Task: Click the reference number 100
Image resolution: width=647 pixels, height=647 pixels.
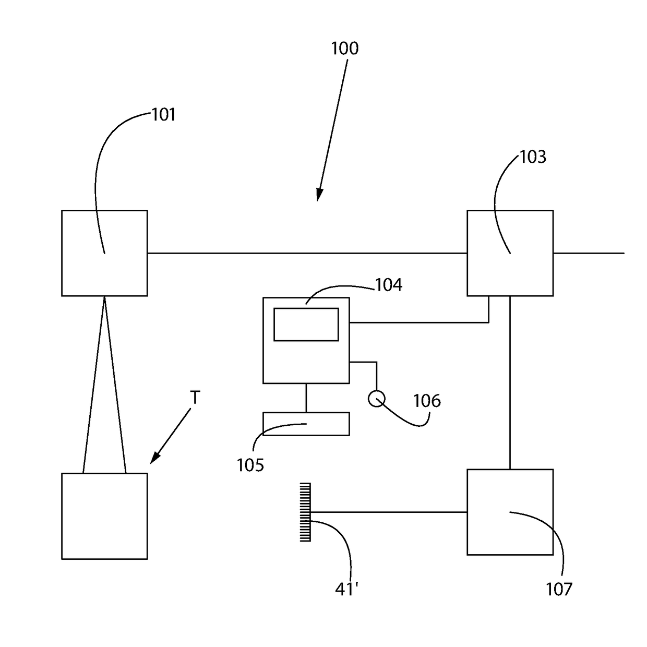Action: click(345, 49)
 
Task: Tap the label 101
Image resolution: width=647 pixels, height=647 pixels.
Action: click(163, 115)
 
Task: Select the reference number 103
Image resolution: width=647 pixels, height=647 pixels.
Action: click(533, 157)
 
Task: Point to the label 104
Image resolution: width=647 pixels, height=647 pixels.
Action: click(389, 285)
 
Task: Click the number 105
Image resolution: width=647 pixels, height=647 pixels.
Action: click(250, 465)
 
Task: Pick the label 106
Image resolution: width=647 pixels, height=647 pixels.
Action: click(427, 401)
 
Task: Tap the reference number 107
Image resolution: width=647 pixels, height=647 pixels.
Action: click(559, 589)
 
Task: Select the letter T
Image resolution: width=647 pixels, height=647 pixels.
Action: click(195, 398)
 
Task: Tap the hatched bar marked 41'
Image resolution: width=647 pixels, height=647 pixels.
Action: click(305, 512)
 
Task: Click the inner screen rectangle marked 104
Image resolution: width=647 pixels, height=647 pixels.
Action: click(306, 324)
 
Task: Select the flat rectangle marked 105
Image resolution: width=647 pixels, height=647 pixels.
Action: click(306, 424)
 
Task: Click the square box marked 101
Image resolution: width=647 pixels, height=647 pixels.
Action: click(104, 253)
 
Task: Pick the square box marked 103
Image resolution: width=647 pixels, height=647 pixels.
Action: click(510, 253)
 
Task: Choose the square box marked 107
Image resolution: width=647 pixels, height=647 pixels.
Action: click(510, 512)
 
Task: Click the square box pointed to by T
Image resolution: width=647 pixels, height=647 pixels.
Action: click(104, 516)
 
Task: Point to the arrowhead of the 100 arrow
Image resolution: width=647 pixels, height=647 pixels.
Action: click(318, 197)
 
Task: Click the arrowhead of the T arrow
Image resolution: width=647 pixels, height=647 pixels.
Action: click(153, 460)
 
